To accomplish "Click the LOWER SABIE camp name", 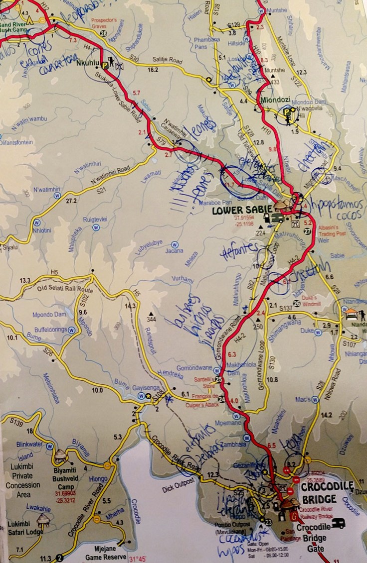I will point(242,210).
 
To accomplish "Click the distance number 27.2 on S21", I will point(71,201).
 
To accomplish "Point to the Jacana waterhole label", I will point(175,250).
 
